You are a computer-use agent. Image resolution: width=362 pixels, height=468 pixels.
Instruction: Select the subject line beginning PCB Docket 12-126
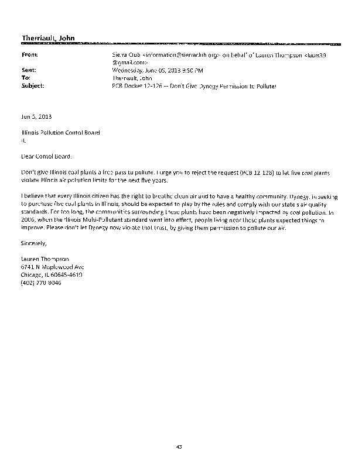193,85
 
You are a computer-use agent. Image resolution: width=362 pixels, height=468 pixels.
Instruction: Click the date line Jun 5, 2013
36,117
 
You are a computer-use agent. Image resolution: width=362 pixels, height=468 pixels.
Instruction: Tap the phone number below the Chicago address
41,283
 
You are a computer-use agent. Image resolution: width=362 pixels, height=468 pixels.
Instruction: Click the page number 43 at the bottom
180,448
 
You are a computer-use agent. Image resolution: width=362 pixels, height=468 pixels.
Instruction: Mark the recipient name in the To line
131,77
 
